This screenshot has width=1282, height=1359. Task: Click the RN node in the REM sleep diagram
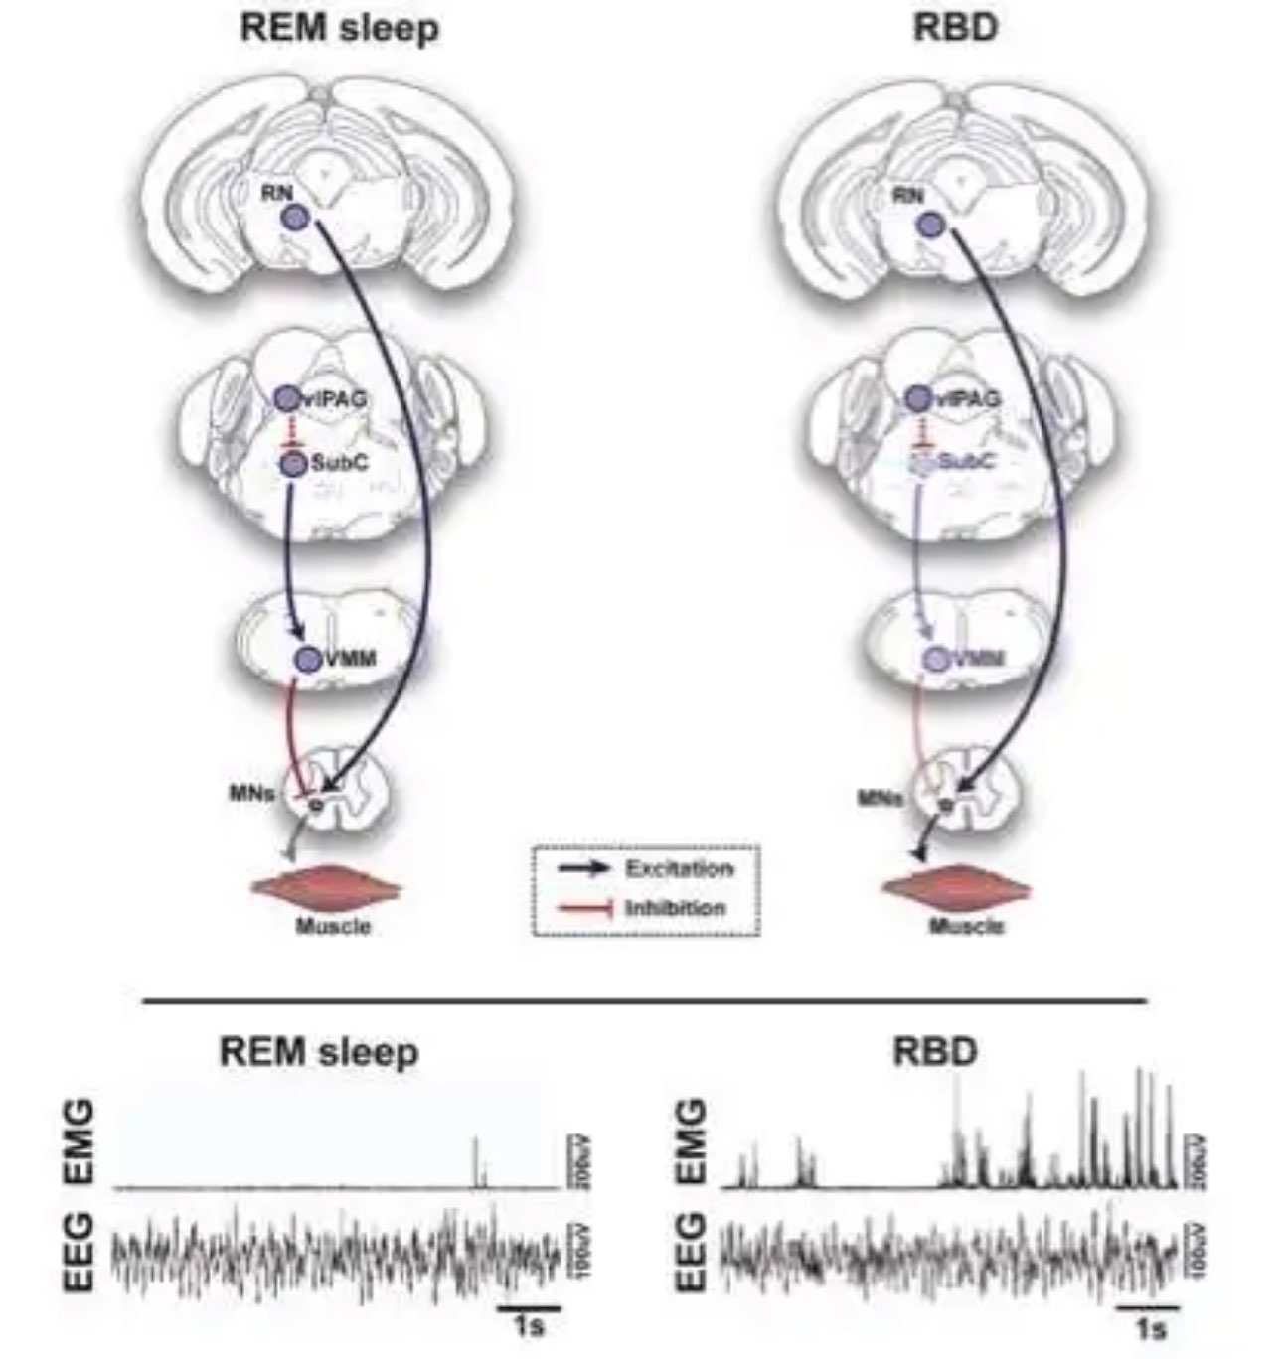pyautogui.click(x=295, y=219)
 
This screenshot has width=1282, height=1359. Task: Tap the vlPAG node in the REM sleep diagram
pyautogui.click(x=286, y=399)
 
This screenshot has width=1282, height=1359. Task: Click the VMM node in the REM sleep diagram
pyautogui.click(x=308, y=657)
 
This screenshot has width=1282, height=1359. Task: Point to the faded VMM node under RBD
pyautogui.click(x=935, y=657)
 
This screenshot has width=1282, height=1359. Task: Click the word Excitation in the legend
pyautogui.click(x=679, y=869)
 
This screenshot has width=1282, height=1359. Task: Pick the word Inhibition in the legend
pyautogui.click(x=676, y=907)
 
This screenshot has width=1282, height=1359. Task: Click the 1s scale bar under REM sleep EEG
pyautogui.click(x=529, y=1311)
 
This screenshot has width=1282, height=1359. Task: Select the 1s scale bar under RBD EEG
pyautogui.click(x=1148, y=1311)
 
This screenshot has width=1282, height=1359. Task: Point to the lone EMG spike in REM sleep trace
pyautogui.click(x=476, y=1160)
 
